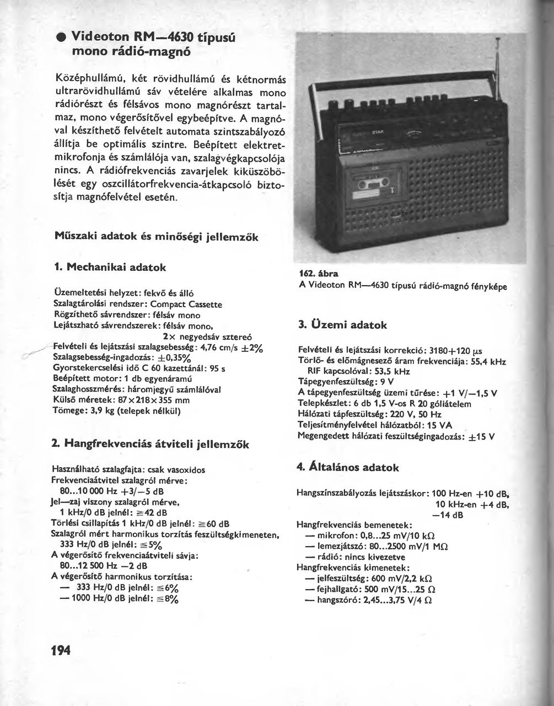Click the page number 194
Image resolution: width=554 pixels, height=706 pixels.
click(x=61, y=651)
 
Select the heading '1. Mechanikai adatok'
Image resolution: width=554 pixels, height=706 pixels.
click(x=111, y=267)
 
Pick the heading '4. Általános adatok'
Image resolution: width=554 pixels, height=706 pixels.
click(x=348, y=467)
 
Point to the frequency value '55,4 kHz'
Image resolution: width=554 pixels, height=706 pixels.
click(x=487, y=362)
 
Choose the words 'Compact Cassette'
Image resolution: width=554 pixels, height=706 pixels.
click(x=186, y=304)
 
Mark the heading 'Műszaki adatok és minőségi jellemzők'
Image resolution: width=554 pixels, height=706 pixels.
click(x=157, y=236)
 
